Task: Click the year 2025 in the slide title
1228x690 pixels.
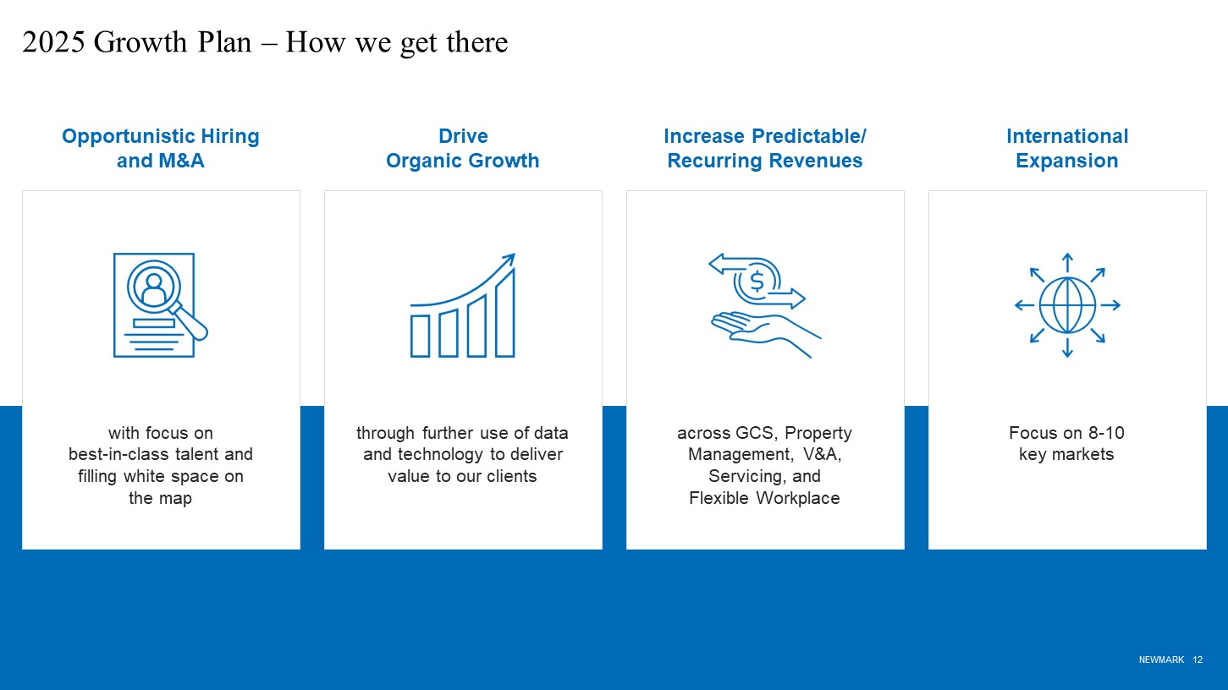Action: [53, 41]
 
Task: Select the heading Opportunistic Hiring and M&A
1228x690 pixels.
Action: [161, 148]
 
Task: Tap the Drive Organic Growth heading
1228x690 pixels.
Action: [463, 148]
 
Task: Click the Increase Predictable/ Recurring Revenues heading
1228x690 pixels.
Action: [765, 148]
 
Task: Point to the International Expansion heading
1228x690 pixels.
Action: [1067, 148]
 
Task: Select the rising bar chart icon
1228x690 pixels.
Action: [463, 305]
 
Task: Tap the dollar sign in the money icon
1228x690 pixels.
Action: [757, 282]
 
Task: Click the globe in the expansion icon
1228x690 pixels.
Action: [1067, 305]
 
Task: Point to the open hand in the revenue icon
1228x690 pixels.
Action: [765, 331]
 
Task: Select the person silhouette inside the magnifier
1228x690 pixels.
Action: [154, 289]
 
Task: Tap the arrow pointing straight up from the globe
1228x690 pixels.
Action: [1067, 262]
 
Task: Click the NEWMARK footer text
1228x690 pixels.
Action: [1161, 660]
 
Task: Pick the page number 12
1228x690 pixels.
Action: [1198, 660]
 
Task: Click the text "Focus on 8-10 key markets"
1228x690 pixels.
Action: [1067, 444]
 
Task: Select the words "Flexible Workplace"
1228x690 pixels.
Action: [765, 498]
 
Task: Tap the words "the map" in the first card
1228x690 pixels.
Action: [160, 498]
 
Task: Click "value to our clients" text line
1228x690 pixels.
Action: [462, 476]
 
